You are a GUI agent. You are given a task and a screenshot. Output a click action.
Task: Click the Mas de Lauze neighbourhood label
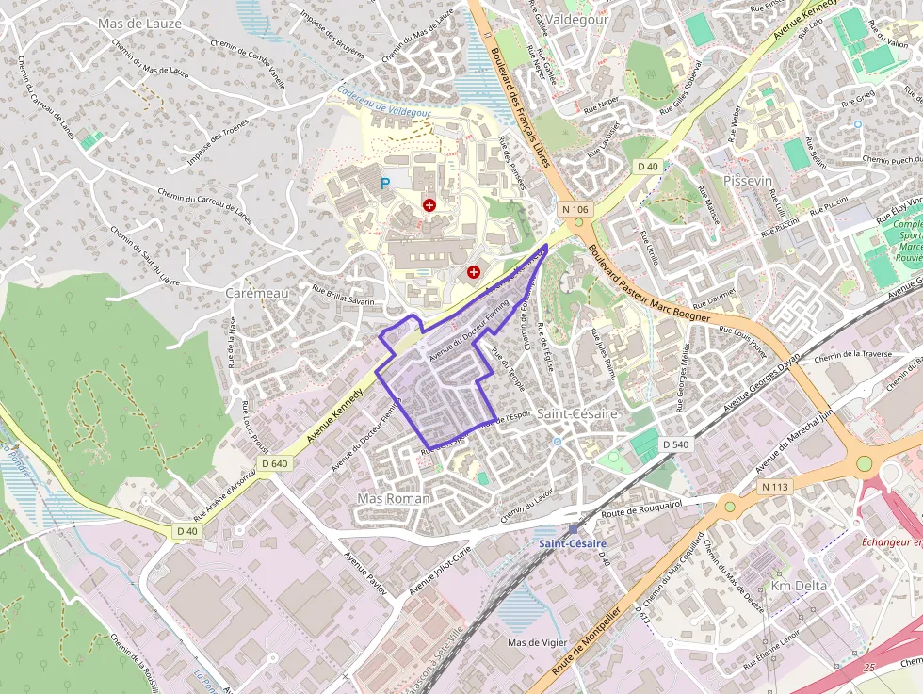coord(139,23)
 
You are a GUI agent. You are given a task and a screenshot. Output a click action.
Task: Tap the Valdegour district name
coord(577,19)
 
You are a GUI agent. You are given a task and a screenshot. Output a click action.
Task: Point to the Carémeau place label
coord(257,293)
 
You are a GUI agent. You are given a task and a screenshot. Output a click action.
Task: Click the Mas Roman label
coord(394,498)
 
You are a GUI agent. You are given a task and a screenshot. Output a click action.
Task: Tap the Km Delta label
coord(799,586)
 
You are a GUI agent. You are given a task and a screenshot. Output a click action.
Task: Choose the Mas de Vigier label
coord(538,643)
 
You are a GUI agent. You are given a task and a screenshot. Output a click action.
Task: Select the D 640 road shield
coord(275,463)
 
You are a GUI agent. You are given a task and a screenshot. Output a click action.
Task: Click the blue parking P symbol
coord(384,184)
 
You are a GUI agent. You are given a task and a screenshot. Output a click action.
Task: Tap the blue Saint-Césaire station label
coord(573,544)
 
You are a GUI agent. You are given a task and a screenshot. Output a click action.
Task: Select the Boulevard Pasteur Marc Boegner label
coord(649,284)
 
